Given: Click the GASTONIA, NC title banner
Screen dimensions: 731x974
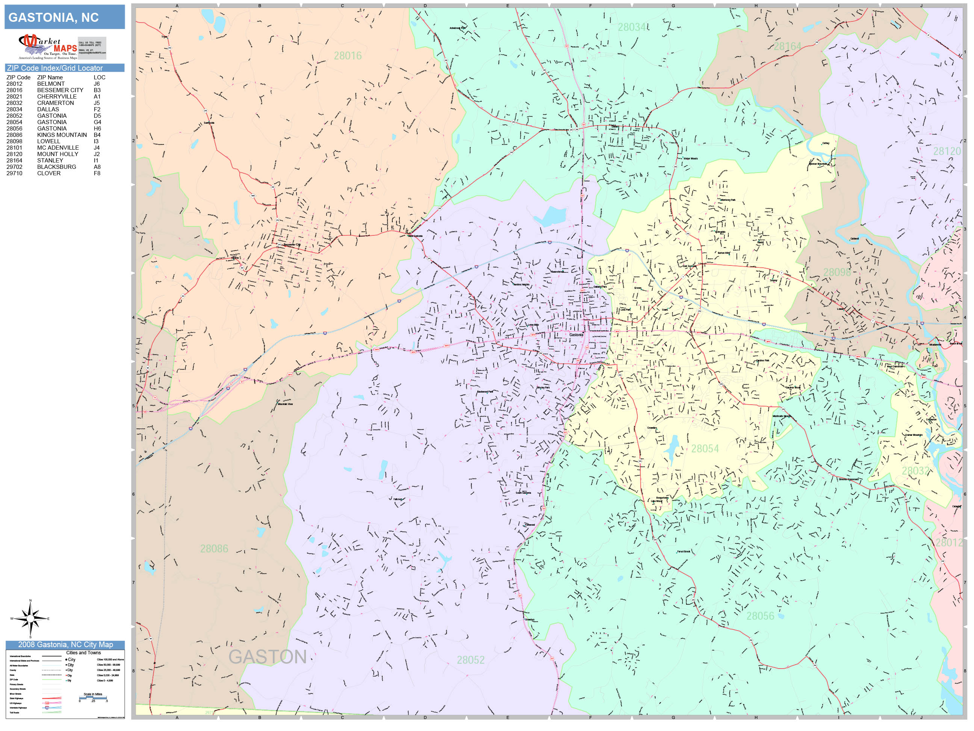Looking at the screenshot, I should click(64, 17).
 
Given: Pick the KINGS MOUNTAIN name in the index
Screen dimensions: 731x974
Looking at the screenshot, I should click(62, 135).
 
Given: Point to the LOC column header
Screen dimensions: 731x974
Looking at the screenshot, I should click(99, 77).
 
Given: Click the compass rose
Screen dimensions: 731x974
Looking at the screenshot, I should click(30, 619).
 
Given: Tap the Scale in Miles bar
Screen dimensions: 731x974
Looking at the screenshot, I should click(93, 698).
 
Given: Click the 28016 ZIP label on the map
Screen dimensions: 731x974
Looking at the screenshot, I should click(348, 56).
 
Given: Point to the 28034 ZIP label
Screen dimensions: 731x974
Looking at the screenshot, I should click(631, 27).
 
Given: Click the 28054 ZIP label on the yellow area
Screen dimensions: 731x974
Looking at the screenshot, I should click(705, 449).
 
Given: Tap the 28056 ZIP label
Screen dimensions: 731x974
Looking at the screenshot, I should click(760, 616).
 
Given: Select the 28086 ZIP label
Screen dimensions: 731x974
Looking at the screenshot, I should click(214, 549).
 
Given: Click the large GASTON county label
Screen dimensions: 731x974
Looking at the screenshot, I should click(267, 657).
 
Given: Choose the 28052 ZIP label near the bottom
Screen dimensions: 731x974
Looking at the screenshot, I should click(470, 660).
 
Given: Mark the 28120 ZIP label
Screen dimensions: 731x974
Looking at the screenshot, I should click(947, 151).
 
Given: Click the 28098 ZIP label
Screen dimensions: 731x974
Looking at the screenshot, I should click(836, 272).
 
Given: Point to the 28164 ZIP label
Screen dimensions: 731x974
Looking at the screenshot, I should click(787, 46).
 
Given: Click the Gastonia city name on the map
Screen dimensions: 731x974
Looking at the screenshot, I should click(576, 335).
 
